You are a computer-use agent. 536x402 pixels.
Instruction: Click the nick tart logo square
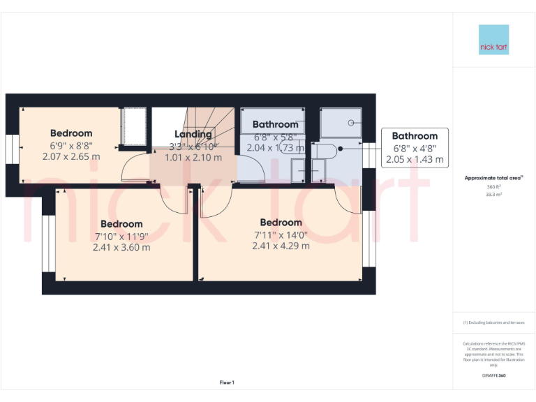point(494,40)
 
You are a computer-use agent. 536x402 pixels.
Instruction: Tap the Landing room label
point(193,134)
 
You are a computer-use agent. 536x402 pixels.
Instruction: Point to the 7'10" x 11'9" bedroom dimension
point(121,236)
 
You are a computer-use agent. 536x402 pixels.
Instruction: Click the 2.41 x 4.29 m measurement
point(281,246)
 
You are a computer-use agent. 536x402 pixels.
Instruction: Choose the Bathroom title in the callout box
point(415,136)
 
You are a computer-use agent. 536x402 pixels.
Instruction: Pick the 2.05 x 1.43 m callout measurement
point(415,159)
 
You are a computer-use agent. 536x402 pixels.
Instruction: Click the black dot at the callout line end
point(339,148)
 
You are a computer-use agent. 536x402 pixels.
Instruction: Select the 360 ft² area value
point(494,187)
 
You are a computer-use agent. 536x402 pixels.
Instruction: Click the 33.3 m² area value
point(494,195)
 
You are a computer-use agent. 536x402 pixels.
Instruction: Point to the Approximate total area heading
point(493,178)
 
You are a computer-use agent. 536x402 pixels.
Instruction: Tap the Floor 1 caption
point(227,382)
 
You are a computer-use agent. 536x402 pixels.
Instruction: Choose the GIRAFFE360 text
point(493,376)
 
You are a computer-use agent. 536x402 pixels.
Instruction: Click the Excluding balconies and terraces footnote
point(493,322)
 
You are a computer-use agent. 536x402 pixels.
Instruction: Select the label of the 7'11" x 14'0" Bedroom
point(278,223)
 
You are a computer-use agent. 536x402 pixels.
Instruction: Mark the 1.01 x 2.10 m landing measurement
point(193,158)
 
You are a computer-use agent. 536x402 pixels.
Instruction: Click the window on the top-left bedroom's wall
point(12,148)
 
